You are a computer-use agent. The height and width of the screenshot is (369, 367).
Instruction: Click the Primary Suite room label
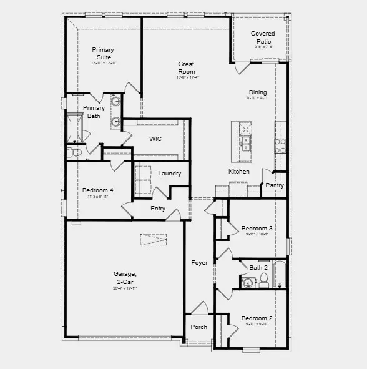tap(103, 54)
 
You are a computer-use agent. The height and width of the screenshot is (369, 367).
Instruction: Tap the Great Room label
tap(187, 67)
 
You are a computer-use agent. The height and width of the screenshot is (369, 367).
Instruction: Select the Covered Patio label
tap(263, 37)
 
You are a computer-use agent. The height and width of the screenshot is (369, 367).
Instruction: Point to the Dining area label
tap(257, 92)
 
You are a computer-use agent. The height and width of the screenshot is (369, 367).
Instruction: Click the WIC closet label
tap(155, 139)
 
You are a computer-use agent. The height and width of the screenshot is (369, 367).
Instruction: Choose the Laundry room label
tap(170, 174)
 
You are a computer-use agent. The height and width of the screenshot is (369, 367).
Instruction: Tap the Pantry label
tap(275, 185)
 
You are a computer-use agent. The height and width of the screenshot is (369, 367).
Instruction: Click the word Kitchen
tap(238, 172)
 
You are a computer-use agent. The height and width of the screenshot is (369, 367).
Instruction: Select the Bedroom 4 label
tap(98, 190)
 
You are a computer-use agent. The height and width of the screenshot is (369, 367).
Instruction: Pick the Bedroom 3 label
tap(257, 229)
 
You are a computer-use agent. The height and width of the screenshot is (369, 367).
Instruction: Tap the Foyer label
tap(199, 263)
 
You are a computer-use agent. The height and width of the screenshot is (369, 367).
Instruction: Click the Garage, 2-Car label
tap(125, 277)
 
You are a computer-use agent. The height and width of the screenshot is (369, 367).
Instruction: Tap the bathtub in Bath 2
tap(279, 275)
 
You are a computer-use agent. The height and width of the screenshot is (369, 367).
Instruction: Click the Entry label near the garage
tap(158, 209)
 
